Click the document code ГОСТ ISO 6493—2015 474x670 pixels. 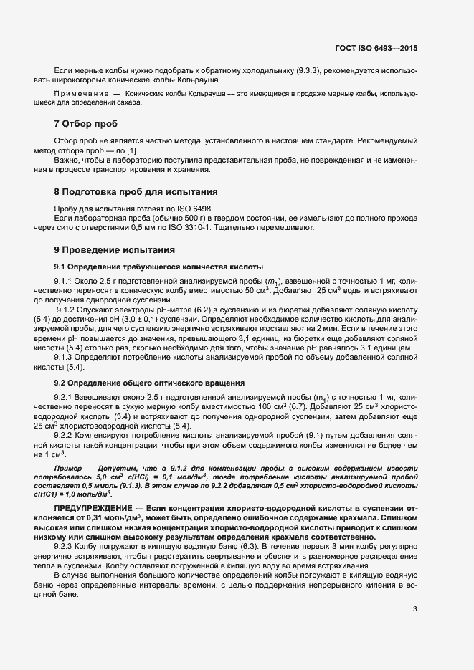pyautogui.click(x=375, y=48)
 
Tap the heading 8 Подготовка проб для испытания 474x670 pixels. pyautogui.click(x=131, y=192)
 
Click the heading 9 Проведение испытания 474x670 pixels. pyautogui.click(x=109, y=250)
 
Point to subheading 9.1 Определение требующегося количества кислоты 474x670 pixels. pyautogui.click(x=149, y=266)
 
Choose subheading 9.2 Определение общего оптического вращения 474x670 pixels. pyautogui.click(x=148, y=382)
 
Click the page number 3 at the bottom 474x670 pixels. pyautogui.click(x=414, y=609)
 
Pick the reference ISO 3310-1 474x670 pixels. pyautogui.click(x=215, y=228)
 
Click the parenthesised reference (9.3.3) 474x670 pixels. pyautogui.click(x=313, y=70)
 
